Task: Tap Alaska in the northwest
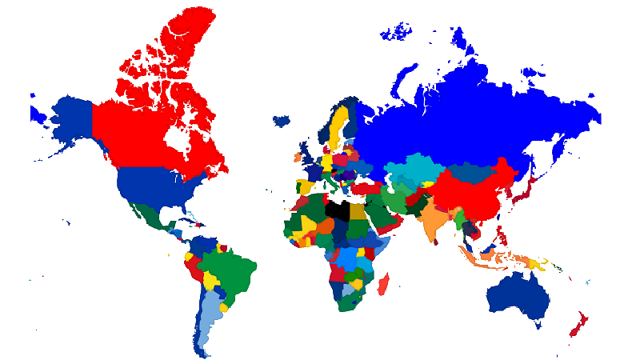tap(68, 116)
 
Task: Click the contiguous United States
tap(152, 188)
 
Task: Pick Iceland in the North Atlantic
tap(281, 121)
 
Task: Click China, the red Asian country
tap(472, 196)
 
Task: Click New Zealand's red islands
tap(579, 324)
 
